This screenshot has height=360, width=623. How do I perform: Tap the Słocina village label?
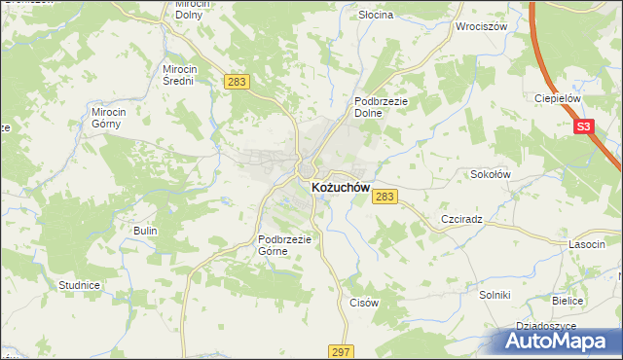click(x=375, y=16)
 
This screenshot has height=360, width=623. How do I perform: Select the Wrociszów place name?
click(x=482, y=26)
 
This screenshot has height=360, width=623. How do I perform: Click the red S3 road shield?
click(x=583, y=126)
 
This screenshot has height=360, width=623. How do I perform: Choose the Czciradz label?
click(x=462, y=221)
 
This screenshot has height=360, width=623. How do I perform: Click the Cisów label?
click(x=363, y=303)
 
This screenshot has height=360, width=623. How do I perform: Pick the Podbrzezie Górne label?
click(x=283, y=245)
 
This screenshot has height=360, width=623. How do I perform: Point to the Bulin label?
click(x=143, y=231)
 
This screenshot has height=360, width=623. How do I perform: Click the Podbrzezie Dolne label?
click(x=380, y=106)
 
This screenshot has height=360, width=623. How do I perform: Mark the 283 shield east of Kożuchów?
click(x=385, y=197)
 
